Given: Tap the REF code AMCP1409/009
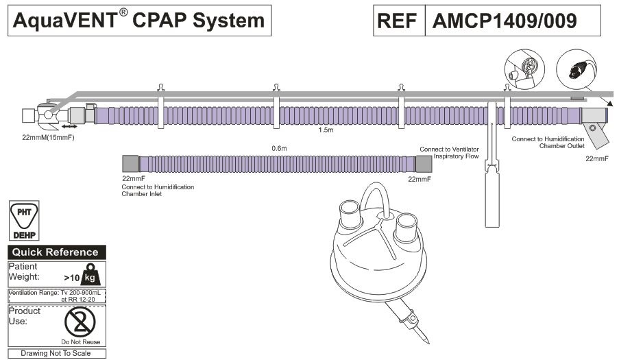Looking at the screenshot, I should [504, 21].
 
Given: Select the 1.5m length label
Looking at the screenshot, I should [326, 129].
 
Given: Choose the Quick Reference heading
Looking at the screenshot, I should [56, 252].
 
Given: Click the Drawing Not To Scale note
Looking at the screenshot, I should [56, 353].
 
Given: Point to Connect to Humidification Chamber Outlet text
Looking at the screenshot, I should [548, 142].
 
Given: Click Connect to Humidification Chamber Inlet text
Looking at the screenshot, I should [158, 191].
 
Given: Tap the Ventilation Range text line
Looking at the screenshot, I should [56, 296].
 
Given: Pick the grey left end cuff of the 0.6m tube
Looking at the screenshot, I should [130, 163].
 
